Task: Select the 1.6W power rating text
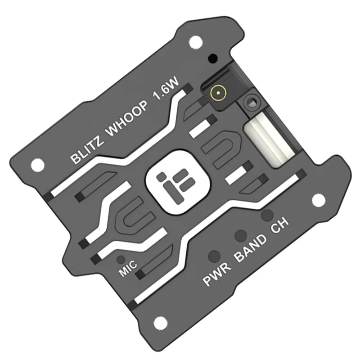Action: point(166,95)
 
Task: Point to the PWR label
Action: point(217,275)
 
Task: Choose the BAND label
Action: point(251,250)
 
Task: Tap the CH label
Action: point(279,227)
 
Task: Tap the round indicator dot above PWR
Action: point(214,255)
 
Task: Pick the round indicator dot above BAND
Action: point(241,234)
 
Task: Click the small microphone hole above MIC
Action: point(120,260)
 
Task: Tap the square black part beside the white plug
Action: point(251,102)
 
